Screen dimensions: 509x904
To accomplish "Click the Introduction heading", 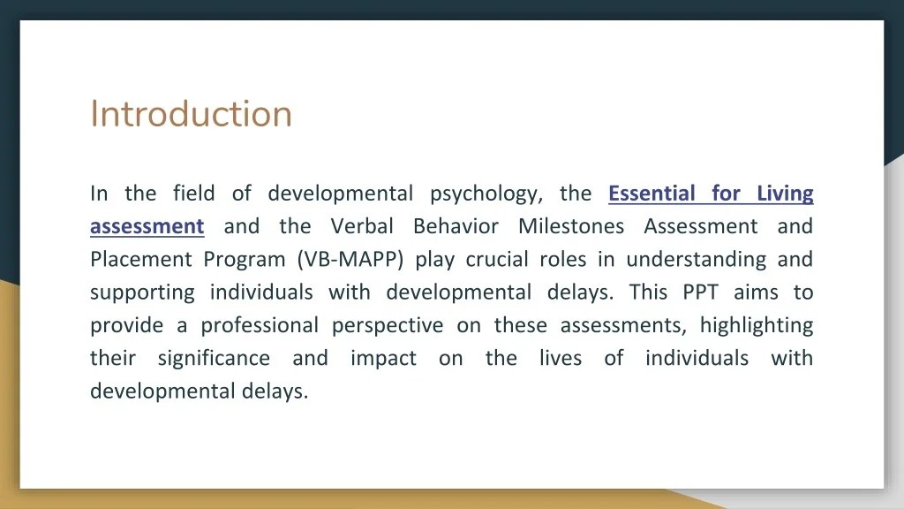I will coord(191,114).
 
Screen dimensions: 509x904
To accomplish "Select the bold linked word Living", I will coord(785,193).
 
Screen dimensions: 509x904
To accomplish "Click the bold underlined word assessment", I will coord(147,226).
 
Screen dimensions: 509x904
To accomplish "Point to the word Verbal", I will coord(362,226).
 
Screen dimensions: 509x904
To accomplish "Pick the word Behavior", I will coord(456,226).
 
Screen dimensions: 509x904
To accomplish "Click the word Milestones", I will coord(571,226).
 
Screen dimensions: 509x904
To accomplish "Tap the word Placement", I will coord(140,260).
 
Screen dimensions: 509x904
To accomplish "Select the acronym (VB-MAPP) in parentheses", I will coord(351,260).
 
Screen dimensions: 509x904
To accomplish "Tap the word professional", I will coord(260,326).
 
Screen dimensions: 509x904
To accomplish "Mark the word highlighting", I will coord(757,326).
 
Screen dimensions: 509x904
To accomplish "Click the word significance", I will coord(214,359).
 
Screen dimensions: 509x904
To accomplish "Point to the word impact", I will coord(383,359).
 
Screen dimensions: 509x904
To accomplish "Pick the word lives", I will coord(561,359).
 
